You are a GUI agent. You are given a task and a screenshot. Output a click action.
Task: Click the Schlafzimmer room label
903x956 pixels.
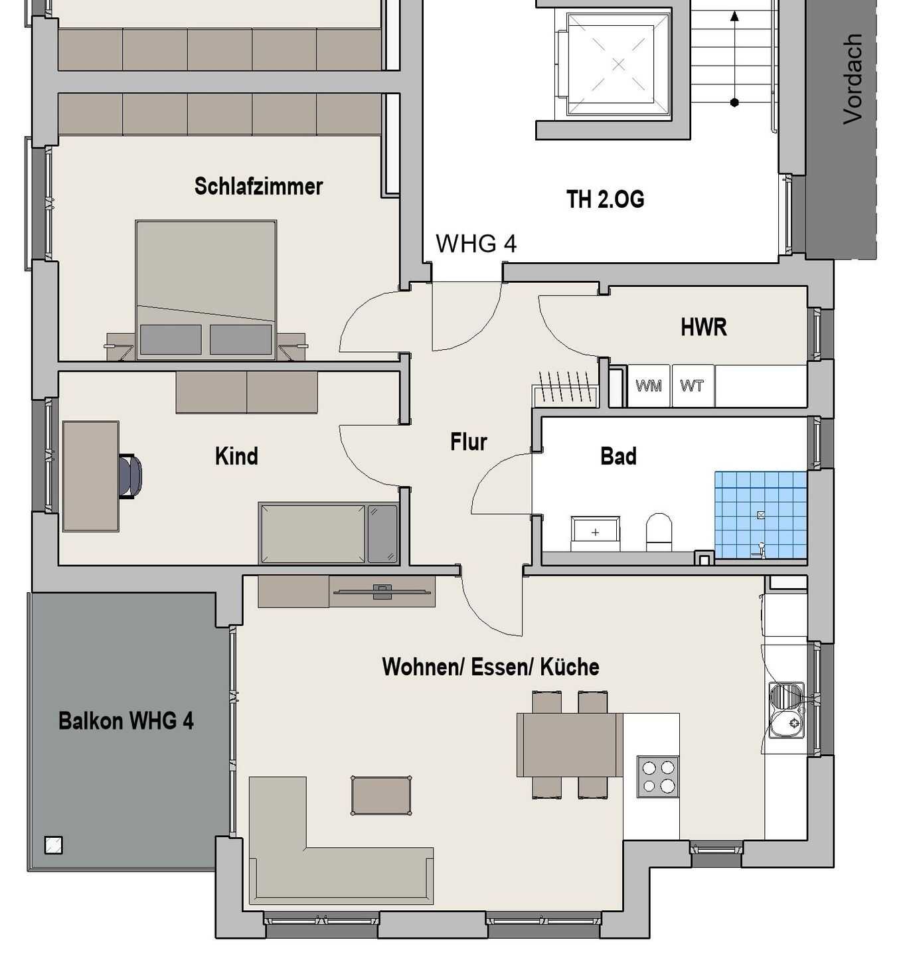[258, 187]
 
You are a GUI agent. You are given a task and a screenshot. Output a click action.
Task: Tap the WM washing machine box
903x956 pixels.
[648, 386]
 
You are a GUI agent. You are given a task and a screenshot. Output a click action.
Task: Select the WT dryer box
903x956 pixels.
[692, 386]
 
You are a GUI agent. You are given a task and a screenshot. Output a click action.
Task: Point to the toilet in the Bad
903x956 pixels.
[659, 532]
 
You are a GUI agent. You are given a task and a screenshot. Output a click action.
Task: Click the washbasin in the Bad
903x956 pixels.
[596, 533]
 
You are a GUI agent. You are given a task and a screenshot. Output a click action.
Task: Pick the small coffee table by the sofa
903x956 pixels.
[381, 795]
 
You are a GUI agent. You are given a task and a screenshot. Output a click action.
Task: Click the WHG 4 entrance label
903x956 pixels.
[476, 244]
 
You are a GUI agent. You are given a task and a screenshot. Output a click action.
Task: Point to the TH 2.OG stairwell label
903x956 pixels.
[605, 199]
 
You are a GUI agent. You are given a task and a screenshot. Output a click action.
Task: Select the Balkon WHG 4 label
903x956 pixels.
[126, 720]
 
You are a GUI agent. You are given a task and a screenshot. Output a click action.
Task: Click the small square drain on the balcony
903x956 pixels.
[54, 845]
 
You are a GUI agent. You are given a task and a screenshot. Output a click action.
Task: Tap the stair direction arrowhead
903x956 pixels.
[734, 17]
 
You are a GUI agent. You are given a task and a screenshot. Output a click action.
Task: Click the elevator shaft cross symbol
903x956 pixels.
[618, 64]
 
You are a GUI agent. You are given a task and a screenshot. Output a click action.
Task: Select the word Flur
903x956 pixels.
[469, 441]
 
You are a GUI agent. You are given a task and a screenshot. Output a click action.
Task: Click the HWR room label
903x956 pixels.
[704, 327]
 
